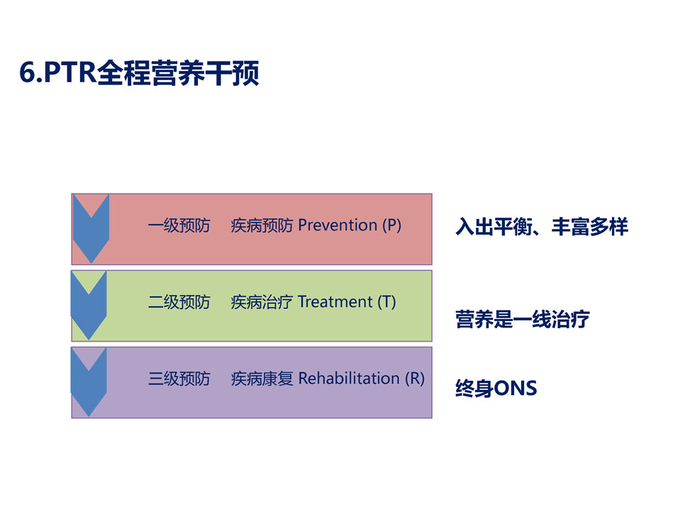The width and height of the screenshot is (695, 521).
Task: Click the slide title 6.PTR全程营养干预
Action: point(139,72)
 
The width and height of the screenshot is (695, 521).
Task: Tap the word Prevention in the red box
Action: point(338,225)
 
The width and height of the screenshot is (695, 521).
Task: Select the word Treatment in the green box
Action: point(335,302)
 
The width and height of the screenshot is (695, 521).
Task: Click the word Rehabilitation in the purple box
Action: point(349,379)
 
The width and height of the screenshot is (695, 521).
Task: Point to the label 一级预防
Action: point(179,225)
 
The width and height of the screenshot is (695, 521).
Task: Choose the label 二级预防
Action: point(179,302)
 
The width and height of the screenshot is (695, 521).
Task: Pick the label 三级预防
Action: point(179,379)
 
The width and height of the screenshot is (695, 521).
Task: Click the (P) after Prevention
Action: point(391,225)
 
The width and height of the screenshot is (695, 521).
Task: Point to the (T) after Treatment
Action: point(387,302)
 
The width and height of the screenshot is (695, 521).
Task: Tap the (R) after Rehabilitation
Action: point(414,379)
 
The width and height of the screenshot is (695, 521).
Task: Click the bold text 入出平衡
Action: point(494,226)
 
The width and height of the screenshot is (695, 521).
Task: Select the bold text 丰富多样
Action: point(590,226)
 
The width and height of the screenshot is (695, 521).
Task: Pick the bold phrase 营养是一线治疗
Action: point(523,319)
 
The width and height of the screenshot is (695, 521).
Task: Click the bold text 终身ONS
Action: point(496,388)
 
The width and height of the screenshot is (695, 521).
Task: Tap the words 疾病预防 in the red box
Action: point(262,225)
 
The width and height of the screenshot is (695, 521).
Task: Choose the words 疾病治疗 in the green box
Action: point(262,302)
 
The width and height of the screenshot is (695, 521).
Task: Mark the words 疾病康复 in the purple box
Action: point(262,379)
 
